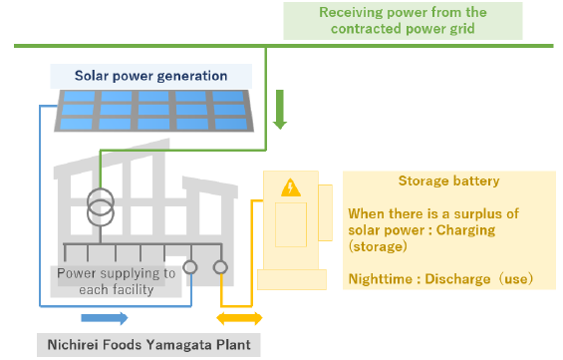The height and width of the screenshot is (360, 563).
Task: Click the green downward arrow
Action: tap(280, 110)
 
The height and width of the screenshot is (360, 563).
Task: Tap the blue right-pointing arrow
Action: tap(105, 318)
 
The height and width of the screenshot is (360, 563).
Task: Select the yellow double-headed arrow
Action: tap(239, 318)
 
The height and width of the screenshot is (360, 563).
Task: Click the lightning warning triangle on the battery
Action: tap(291, 187)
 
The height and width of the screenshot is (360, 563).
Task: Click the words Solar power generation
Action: tap(150, 76)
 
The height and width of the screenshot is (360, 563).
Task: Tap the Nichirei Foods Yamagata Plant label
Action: tap(149, 345)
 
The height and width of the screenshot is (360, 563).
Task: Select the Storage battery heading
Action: tap(448, 180)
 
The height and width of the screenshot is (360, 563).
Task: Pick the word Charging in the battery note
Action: tap(465, 230)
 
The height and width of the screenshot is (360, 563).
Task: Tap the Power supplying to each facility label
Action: tap(117, 281)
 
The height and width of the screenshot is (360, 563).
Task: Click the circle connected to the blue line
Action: tap(190, 267)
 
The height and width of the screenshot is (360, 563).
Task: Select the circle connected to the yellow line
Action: tap(220, 267)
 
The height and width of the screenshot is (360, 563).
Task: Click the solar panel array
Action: tap(153, 111)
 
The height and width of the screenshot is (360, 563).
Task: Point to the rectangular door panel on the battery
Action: tap(291, 224)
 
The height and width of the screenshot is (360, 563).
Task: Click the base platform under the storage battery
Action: tap(292, 279)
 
